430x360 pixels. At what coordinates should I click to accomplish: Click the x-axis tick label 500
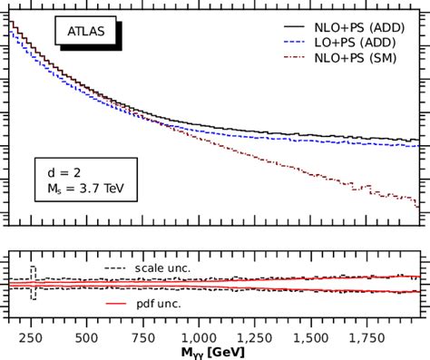[x=86, y=336]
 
